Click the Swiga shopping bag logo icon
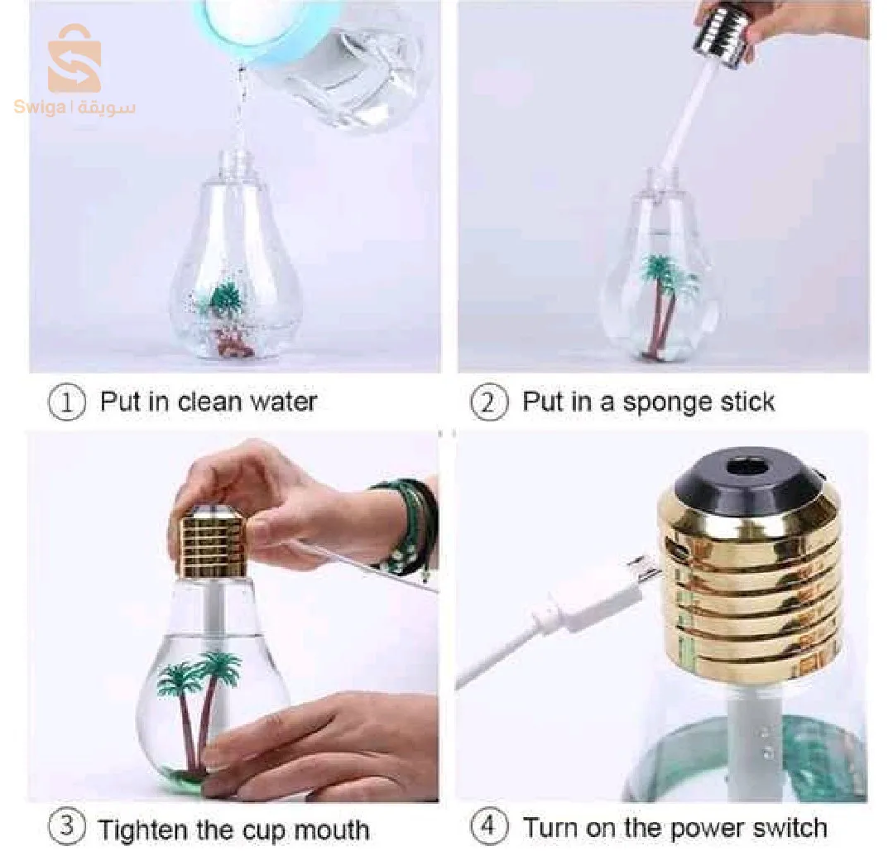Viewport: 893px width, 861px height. (74, 58)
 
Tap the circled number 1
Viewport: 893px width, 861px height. (67, 403)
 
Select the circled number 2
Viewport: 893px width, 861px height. (488, 402)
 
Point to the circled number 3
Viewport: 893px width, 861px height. (67, 825)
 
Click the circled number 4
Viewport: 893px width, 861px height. (488, 825)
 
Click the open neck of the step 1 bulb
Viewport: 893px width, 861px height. (235, 161)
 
